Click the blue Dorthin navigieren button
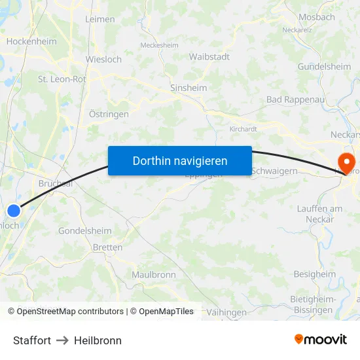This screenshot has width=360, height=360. pos(179,160)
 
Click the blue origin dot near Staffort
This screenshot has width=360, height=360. pos(14,210)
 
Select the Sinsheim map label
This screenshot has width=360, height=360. pos(188,88)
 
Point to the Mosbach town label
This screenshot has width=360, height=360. pos(316,17)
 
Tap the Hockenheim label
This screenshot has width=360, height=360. pos(31,41)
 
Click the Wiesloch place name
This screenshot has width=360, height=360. pos(104,59)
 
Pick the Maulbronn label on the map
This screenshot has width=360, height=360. pos(154,275)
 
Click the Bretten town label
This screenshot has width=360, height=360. pos(107,247)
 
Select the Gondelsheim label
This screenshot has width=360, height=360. pos(85,231)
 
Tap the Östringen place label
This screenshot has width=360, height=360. pos(109,114)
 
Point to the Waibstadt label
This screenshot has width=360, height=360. pos(209,57)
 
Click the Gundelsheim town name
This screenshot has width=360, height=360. pos(324,67)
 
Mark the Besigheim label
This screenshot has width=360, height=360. pos(314,274)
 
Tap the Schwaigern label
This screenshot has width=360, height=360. pos(274,171)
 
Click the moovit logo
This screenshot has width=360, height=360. pos(321,339)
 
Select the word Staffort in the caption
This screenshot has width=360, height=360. pos(32,340)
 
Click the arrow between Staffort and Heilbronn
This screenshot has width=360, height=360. pos(62,340)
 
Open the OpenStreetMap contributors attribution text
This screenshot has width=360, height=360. pos(65,312)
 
